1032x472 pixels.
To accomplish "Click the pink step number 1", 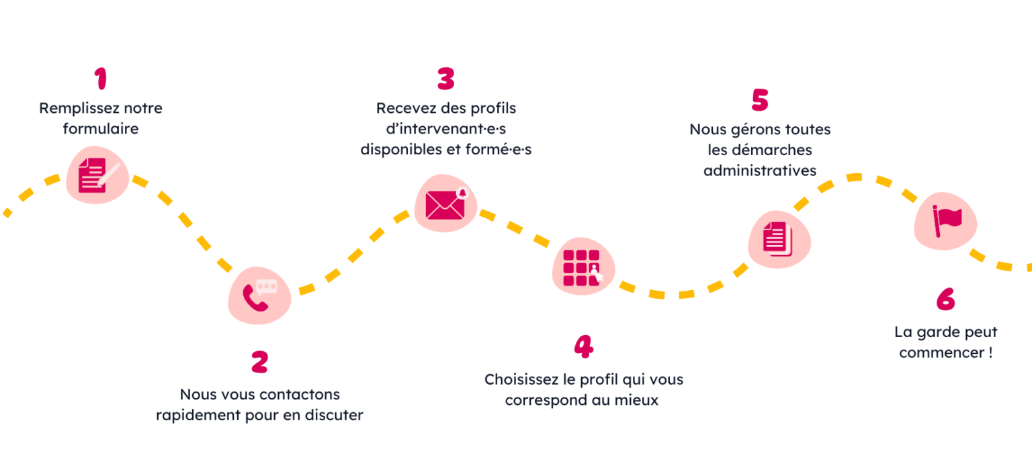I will pos(101,79).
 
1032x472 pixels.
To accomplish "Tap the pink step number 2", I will pos(260,362).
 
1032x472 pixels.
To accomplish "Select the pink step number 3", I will pos(445,79).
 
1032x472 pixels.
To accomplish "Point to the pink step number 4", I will pos(583,346).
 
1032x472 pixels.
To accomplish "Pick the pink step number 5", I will pos(759,100).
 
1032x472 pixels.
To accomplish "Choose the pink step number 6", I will pos(945,300).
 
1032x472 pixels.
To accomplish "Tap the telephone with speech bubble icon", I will pos(259,295).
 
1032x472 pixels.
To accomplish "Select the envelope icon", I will pos(445,204).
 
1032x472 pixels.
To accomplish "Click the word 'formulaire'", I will pos(101,129).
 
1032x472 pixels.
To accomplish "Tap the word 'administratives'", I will pos(760,171).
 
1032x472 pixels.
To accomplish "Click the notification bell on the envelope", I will pos(461,193).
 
